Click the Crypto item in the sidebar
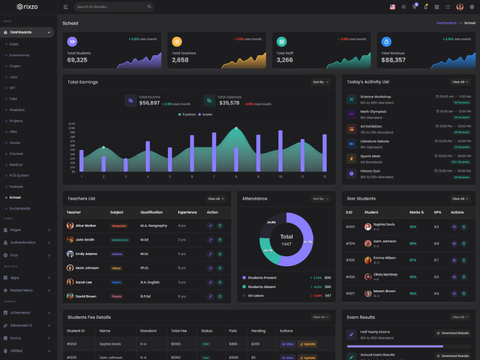click(15, 66)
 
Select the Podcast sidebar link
click(16, 187)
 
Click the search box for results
click(113, 7)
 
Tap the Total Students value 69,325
click(77, 60)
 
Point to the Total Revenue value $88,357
click(394, 60)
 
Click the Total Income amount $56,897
click(149, 103)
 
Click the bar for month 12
click(325, 153)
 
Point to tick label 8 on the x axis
click(236, 177)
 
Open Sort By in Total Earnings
click(321, 82)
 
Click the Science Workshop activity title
click(376, 97)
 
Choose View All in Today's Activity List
click(460, 82)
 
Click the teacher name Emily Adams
click(86, 254)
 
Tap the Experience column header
click(187, 212)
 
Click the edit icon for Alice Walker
click(210, 226)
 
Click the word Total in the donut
click(286, 236)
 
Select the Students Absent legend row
click(262, 287)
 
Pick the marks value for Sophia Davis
click(413, 227)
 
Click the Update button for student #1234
click(308, 344)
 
